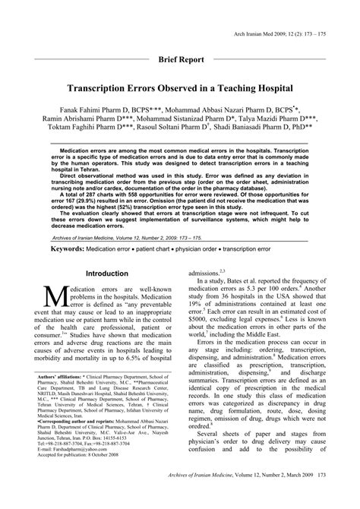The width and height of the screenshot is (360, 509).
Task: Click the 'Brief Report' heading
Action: (180, 58)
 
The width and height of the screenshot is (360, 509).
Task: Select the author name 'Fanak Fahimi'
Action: (88, 109)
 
